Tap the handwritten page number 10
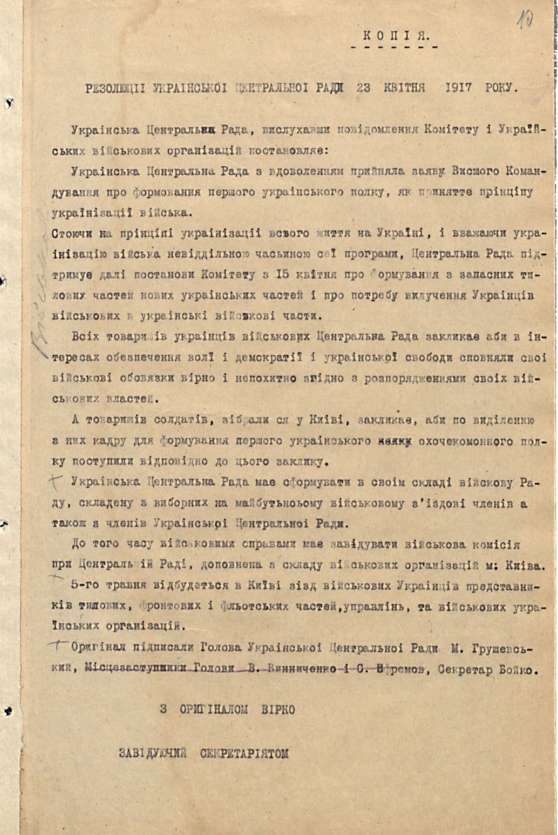525,20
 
